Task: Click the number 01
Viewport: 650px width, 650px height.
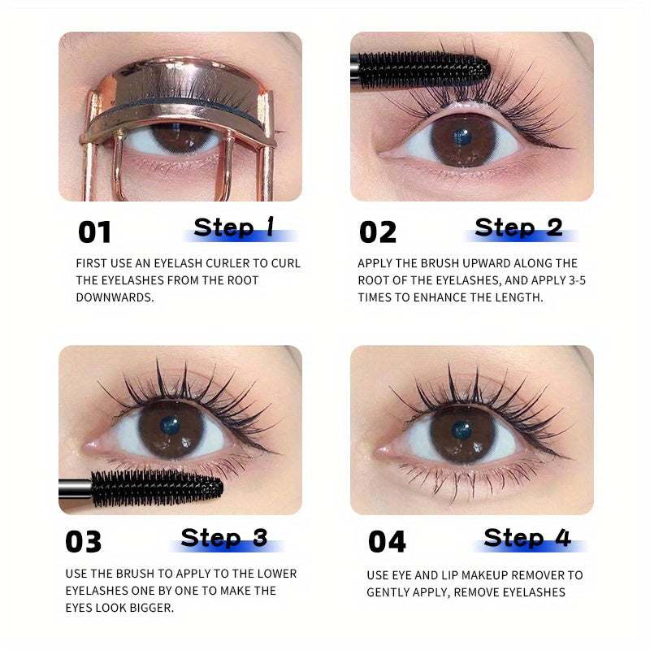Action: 93,232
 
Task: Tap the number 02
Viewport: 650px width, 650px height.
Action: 377,232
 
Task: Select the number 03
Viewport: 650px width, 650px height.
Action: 84,541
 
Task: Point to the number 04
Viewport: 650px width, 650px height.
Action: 387,541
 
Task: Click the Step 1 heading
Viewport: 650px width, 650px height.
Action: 234,227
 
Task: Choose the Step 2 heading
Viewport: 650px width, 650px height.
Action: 518,227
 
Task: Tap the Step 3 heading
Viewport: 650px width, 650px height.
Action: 224,537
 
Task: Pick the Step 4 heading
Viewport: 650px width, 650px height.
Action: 527,537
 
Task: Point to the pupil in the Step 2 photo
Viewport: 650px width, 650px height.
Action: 462,136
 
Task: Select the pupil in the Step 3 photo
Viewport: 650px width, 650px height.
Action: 170,425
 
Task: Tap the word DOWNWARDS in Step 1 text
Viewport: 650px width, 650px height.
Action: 114,297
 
